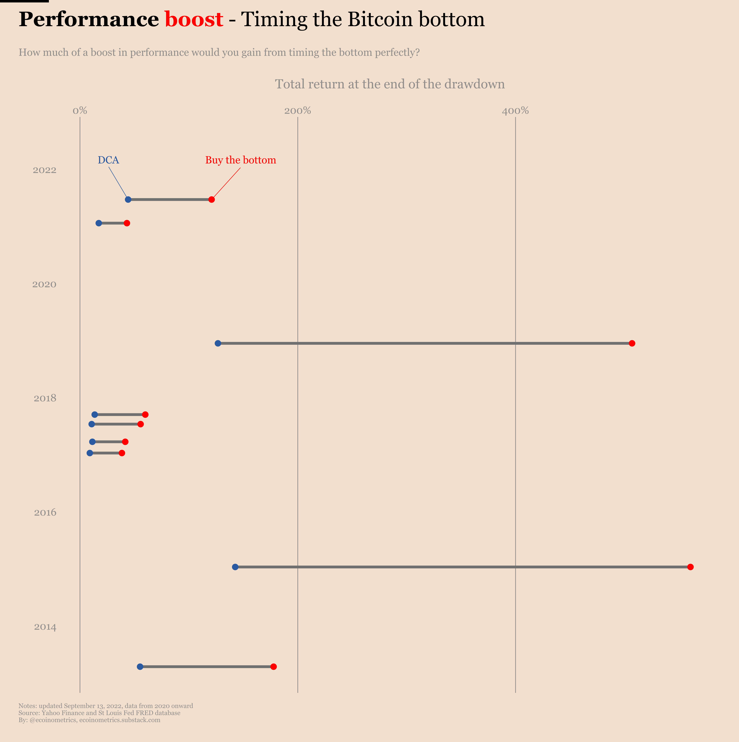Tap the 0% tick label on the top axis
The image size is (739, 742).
point(80,111)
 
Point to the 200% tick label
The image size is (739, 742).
point(298,111)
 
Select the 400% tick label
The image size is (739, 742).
point(515,111)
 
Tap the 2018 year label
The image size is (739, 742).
point(45,398)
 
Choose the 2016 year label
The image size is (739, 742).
point(45,512)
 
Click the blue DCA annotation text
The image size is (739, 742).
point(108,160)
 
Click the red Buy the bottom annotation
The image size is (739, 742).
point(241,160)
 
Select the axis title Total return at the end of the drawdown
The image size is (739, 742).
point(390,84)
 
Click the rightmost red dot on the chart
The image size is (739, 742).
point(690,567)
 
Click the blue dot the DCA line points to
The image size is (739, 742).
point(128,199)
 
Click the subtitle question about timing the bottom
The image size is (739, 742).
point(219,52)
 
